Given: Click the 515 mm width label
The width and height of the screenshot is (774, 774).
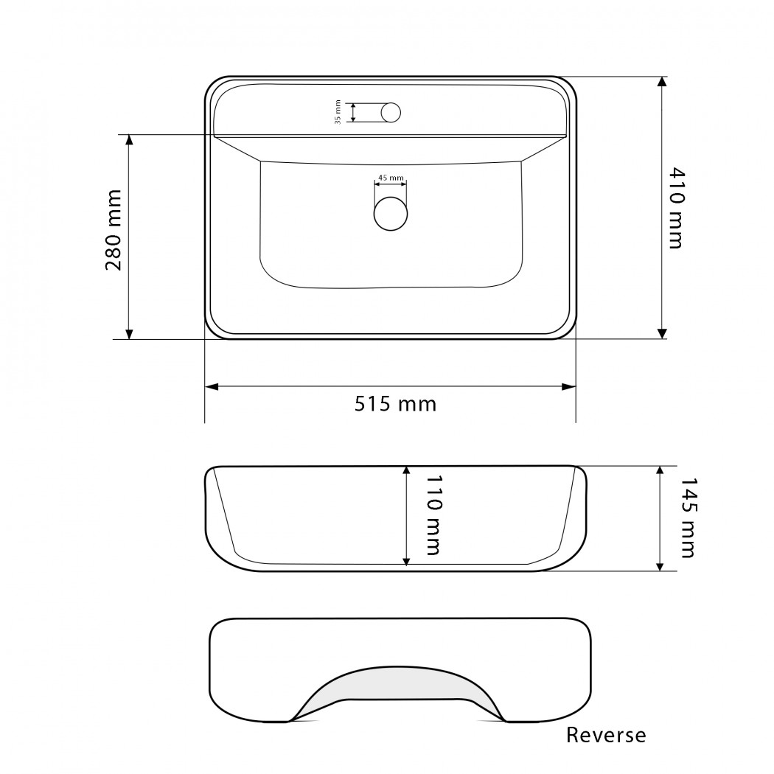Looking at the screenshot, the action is click(395, 404).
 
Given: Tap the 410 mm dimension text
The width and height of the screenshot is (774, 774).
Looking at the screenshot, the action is click(677, 209).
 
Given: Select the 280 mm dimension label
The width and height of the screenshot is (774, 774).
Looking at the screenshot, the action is click(114, 230).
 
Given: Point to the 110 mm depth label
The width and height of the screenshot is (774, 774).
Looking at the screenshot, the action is click(433, 515).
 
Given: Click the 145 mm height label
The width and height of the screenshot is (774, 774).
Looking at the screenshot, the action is click(688, 517).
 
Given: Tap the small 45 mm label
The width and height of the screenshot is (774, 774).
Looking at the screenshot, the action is click(391, 178).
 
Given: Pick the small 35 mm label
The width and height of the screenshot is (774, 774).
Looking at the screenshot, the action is click(338, 112).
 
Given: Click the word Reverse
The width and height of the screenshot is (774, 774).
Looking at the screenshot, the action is click(606, 735).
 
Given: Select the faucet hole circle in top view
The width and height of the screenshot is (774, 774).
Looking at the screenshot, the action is click(391, 113).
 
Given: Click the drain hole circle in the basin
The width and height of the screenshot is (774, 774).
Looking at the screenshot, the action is click(391, 213).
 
